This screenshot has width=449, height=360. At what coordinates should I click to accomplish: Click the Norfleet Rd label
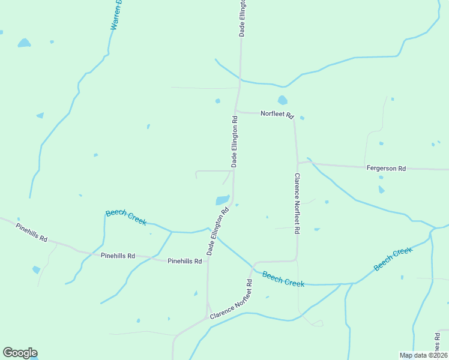(277, 113)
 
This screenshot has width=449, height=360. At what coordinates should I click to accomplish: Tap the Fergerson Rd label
(386, 169)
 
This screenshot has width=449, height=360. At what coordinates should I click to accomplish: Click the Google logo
(20, 353)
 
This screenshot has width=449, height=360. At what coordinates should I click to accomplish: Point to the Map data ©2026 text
(423, 355)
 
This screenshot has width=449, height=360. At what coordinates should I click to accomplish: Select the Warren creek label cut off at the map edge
(116, 16)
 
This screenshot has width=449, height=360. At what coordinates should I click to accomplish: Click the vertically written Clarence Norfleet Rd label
(297, 203)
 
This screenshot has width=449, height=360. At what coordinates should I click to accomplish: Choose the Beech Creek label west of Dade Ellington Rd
(126, 217)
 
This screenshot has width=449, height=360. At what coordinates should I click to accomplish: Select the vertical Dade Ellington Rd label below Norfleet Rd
(235, 142)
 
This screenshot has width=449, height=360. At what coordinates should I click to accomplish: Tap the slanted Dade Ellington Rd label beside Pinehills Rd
(218, 231)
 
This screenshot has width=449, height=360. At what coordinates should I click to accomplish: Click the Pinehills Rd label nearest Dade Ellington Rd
(184, 261)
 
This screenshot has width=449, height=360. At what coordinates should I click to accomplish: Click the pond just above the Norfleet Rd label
(283, 100)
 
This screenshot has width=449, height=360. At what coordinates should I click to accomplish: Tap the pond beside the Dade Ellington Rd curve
(222, 200)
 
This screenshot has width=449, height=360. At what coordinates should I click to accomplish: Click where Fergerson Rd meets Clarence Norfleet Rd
(297, 163)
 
